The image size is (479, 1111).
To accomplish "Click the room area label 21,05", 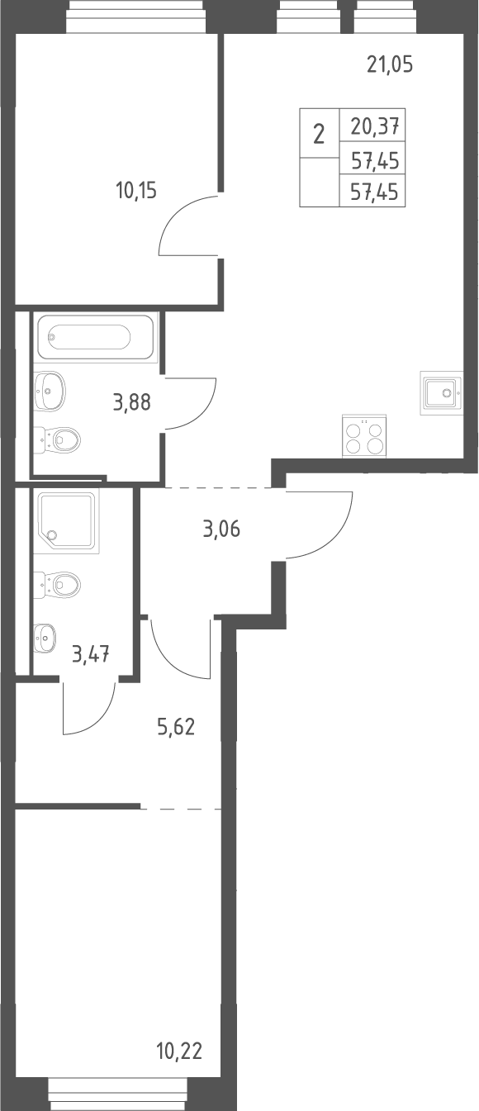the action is (390, 64).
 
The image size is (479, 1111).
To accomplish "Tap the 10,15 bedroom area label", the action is (136, 190).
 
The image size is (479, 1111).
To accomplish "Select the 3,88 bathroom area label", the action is (132, 401).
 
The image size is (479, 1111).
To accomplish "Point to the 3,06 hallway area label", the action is (221, 529).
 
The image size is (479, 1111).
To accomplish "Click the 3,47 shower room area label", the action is (91, 654).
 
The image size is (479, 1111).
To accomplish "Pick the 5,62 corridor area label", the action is (176, 727).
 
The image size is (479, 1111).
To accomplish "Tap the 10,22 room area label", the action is (179, 1051).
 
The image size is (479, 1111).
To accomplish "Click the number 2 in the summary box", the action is (320, 134).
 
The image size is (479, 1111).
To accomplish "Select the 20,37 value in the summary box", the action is (376, 126).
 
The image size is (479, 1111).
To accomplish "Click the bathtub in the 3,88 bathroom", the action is (95, 337).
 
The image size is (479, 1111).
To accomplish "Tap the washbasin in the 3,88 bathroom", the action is (50, 392).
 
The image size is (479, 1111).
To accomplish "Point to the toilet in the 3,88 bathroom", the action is (57, 439).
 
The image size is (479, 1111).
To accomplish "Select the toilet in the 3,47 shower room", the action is (57, 584).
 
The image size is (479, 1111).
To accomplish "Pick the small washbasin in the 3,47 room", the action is (45, 637).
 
